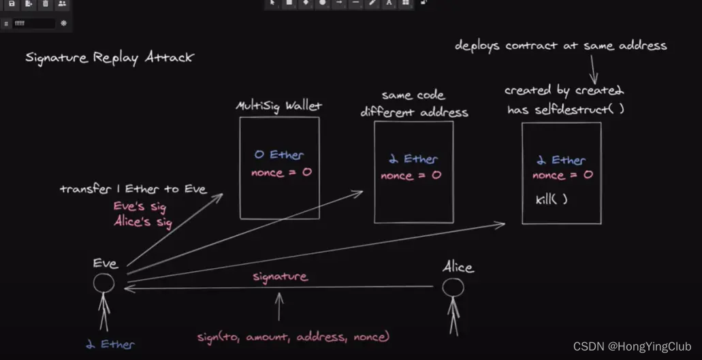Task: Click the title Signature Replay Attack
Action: [109, 58]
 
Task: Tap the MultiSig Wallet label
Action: [278, 107]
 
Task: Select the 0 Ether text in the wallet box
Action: [278, 155]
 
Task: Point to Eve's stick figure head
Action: [103, 283]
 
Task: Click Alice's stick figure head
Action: [453, 288]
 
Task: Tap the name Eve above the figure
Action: [106, 264]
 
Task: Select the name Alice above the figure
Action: [458, 267]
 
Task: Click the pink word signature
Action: [280, 277]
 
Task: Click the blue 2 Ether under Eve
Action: [110, 344]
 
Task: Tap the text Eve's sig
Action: [140, 207]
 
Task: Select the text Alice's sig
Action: [142, 222]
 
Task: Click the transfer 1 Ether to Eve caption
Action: [133, 189]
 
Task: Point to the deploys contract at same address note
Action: [560, 46]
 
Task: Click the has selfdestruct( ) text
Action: [565, 109]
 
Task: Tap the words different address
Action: [414, 112]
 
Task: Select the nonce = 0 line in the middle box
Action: [411, 176]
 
